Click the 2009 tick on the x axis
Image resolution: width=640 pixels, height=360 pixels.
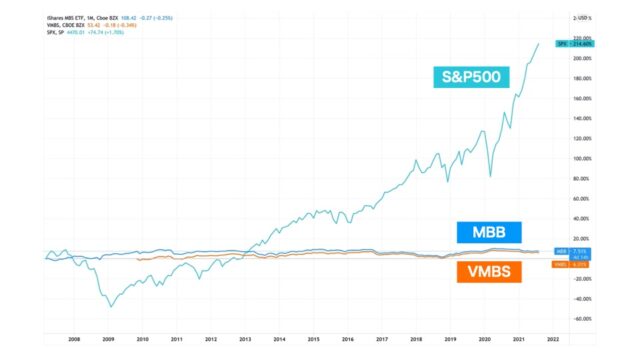[x=108, y=339]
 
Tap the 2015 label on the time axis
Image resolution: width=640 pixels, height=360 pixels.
[x=314, y=339]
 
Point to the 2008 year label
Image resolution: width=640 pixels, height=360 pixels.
[x=74, y=339]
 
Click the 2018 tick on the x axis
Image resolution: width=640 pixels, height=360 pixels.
[x=417, y=339]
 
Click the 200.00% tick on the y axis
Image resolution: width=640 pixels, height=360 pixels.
[x=579, y=59]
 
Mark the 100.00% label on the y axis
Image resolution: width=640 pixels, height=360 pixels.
[x=579, y=159]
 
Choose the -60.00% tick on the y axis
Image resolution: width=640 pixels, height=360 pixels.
[x=579, y=319]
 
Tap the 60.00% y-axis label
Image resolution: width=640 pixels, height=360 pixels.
[x=579, y=199]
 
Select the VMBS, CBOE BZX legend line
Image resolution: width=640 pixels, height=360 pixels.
[x=81, y=24]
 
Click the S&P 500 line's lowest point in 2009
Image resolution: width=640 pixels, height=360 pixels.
[x=110, y=306]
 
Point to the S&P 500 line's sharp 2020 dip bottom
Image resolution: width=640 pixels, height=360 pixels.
[x=489, y=177]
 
